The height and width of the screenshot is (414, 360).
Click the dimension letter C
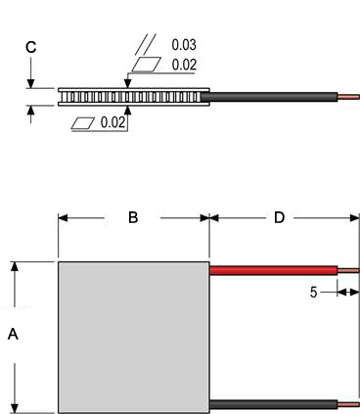click(x=31, y=47)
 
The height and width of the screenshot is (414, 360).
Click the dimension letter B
click(x=133, y=217)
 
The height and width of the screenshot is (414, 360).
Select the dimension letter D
click(x=279, y=217)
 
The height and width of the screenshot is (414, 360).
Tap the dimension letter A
click(x=13, y=334)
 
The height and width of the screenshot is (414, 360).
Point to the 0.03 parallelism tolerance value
click(x=184, y=45)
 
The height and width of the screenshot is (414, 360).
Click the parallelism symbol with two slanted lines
click(x=146, y=44)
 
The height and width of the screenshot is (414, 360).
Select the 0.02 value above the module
click(x=184, y=65)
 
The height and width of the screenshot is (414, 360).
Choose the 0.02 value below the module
click(x=112, y=122)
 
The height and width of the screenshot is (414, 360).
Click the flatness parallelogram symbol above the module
click(x=147, y=64)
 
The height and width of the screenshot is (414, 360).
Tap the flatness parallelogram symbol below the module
click(x=83, y=123)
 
